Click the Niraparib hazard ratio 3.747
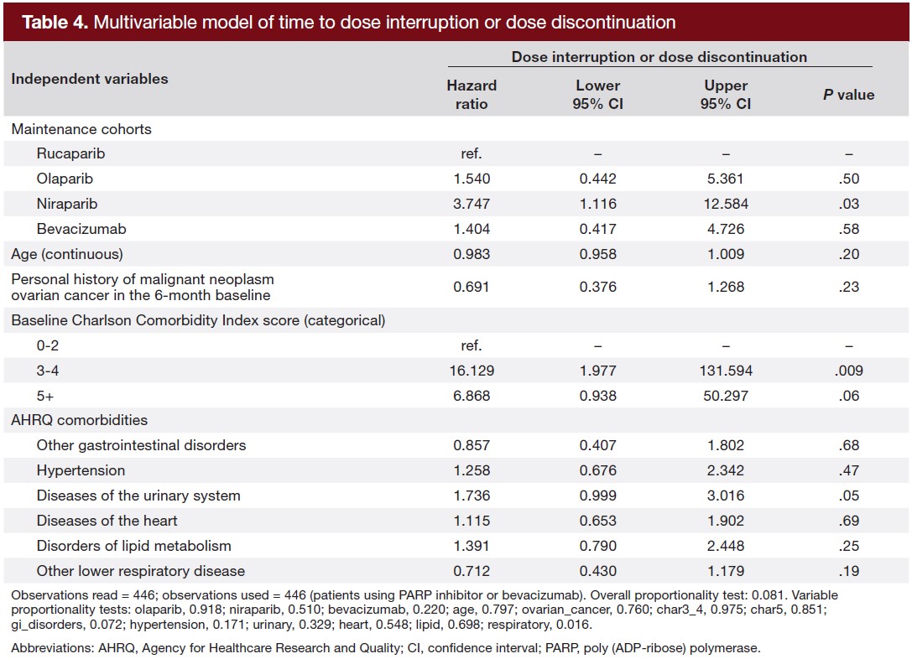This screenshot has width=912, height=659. pos(471,204)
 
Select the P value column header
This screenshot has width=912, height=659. pos(848,95)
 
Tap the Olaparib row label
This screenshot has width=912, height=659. pos(64,179)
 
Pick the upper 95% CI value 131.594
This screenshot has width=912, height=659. pos(726,371)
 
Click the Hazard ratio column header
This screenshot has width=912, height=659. pos(471,95)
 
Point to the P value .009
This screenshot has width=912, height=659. pos(848,371)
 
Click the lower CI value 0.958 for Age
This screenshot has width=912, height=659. pos(598,254)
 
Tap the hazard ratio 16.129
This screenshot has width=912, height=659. pos(471,371)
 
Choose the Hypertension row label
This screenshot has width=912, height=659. pos(81,470)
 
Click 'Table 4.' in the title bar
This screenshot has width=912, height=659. pos(55,23)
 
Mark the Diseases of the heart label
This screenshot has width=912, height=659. pos(107,521)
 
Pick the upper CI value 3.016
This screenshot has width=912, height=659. pos(726,496)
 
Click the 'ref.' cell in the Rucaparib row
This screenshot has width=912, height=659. pos(471,154)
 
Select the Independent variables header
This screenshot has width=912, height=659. pos(89,79)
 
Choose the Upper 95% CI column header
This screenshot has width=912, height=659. pos(726,95)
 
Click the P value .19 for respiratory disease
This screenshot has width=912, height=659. pos(848,571)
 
